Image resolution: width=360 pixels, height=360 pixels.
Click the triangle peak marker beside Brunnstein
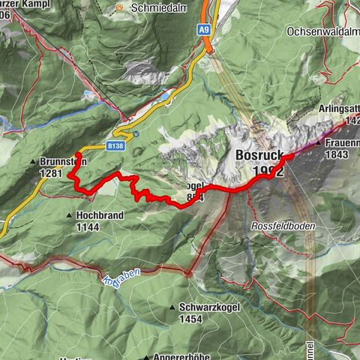tap(33, 162)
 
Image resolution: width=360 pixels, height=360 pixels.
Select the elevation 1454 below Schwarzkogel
tap(191, 319)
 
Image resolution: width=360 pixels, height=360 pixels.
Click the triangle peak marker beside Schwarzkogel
tap(172, 307)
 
